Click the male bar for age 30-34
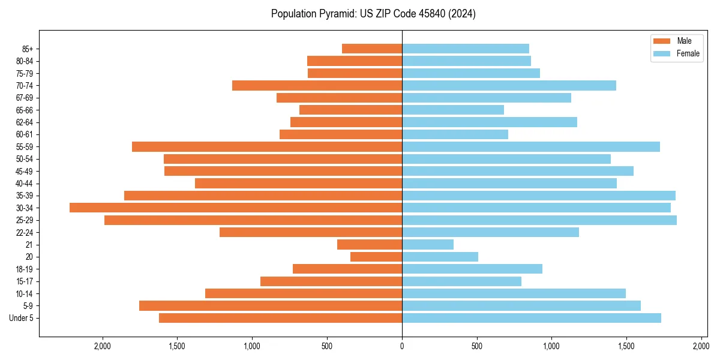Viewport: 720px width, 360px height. (236, 208)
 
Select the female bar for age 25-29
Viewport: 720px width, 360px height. (539, 220)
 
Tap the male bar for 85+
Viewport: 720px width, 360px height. (372, 49)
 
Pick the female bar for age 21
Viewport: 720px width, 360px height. (428, 245)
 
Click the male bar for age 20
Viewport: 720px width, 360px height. (376, 257)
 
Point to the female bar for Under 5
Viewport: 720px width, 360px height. (532, 318)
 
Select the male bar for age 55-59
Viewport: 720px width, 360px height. (267, 146)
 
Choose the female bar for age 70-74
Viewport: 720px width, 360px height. (509, 85)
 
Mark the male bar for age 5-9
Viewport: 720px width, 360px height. (271, 306)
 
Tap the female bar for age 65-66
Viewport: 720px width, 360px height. (453, 110)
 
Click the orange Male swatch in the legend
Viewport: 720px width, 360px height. (662, 41)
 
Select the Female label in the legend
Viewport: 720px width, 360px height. (688, 53)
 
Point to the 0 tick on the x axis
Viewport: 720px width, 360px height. (402, 347)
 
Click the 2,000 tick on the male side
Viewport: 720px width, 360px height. (103, 347)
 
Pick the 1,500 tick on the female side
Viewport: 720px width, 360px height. (626, 347)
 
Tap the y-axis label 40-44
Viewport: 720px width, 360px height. (24, 184)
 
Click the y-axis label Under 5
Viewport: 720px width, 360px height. (22, 318)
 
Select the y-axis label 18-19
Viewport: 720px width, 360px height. (24, 269)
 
